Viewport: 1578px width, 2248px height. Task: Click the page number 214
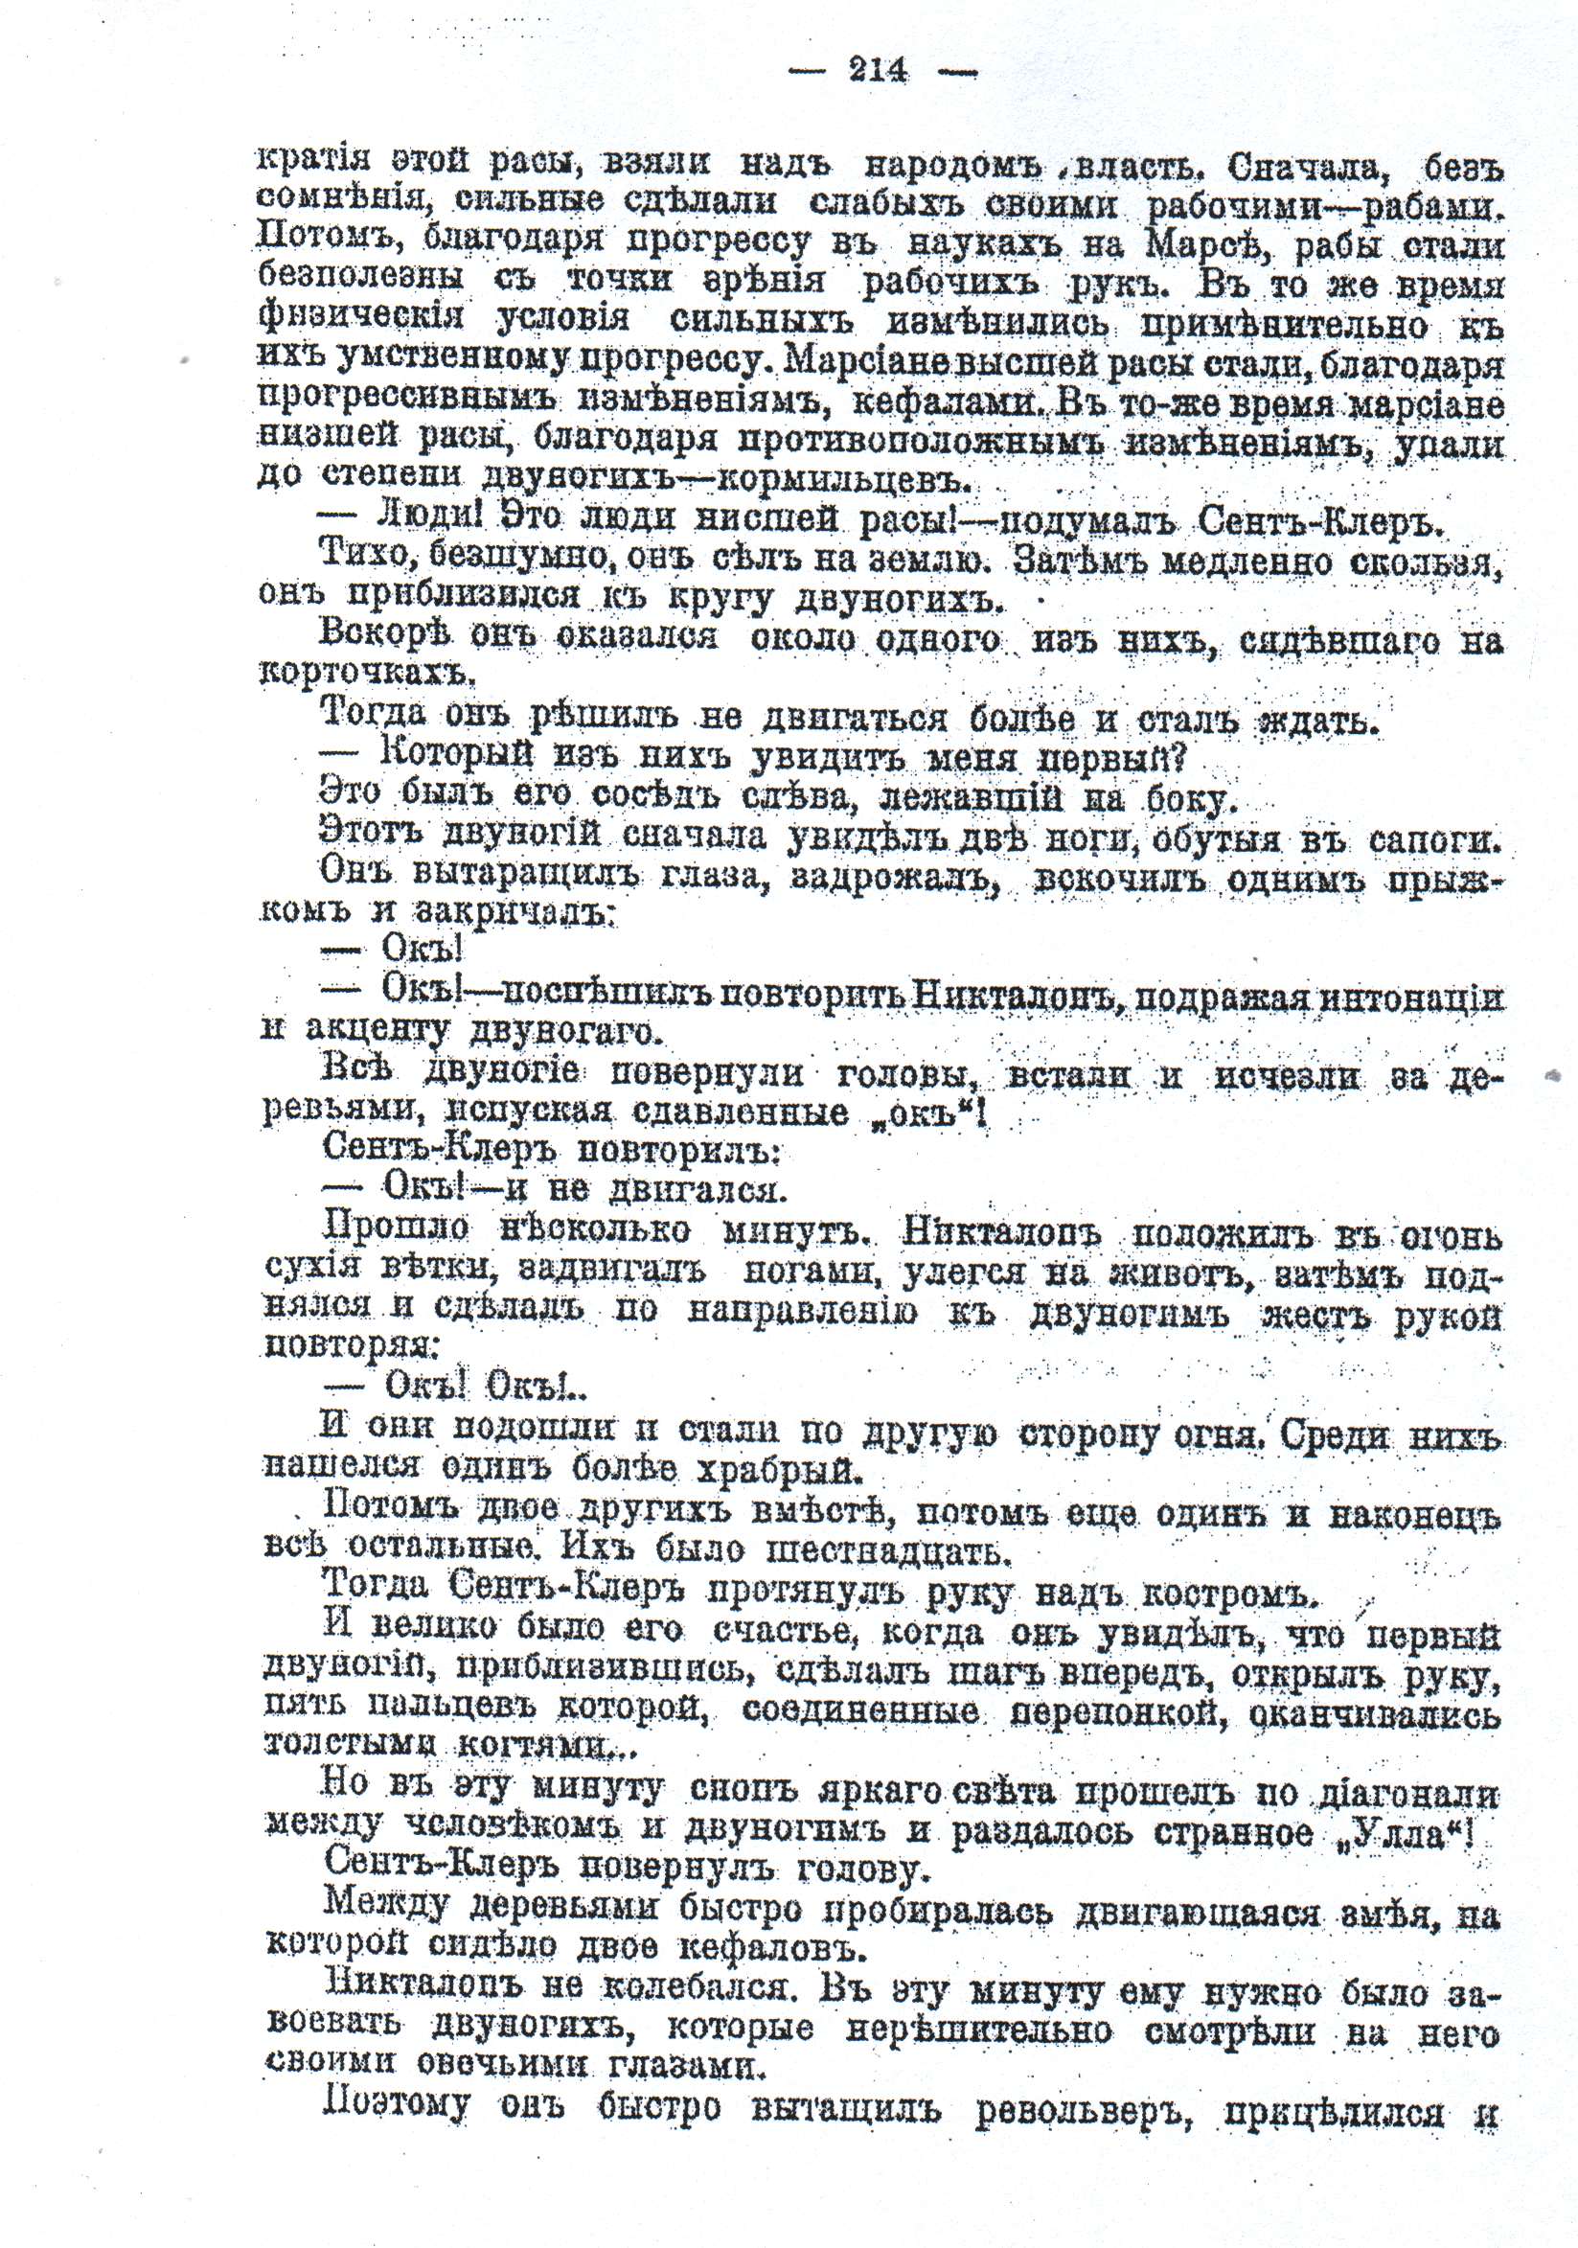tap(878, 71)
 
